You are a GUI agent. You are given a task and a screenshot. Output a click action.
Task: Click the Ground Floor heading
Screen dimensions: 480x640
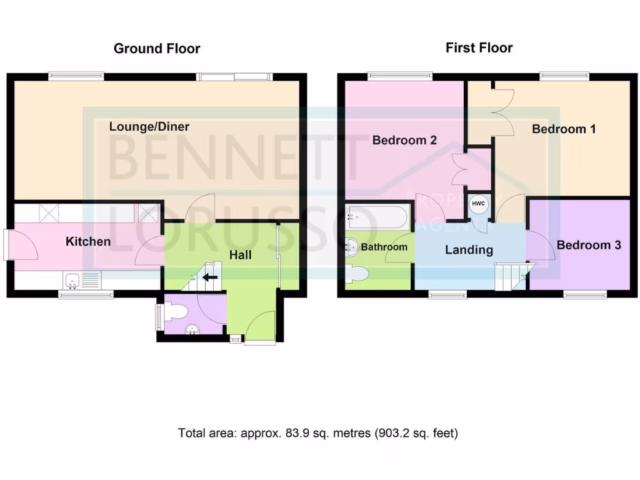157,49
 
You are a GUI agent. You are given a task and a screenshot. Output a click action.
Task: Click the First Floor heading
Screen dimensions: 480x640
479,48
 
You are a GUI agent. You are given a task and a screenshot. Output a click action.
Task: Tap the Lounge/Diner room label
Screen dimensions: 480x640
149,126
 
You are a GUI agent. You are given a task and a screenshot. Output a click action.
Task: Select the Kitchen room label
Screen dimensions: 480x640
88,241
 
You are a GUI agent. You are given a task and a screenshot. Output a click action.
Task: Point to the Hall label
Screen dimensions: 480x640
240,255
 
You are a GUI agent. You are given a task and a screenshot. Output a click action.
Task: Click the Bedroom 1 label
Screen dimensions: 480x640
563,129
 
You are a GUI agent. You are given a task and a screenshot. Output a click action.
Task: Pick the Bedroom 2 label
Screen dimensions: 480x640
404,140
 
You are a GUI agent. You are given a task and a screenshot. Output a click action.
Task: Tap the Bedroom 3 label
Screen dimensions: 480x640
588,245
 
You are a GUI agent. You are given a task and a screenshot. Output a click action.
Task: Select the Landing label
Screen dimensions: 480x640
469,250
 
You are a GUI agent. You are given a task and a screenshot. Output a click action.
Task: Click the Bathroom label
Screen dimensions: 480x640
384,247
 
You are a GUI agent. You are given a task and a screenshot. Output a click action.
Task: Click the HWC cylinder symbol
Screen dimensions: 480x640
478,203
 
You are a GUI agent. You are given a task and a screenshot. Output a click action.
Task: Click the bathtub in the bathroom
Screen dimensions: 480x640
378,217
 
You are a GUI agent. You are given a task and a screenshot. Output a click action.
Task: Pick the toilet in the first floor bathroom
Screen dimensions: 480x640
359,274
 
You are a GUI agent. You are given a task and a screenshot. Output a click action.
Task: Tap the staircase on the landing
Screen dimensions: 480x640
512,276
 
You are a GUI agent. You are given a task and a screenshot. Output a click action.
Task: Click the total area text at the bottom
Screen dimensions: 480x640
318,432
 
